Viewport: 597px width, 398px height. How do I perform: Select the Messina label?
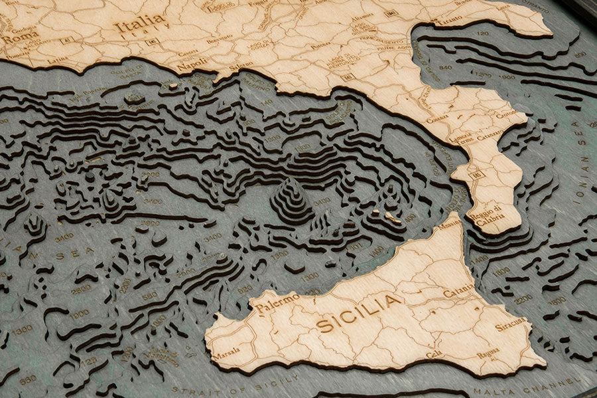click(x=449, y=225)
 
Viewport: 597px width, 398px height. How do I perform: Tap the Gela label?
click(x=433, y=353)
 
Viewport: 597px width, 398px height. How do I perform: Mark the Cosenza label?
click(x=437, y=120)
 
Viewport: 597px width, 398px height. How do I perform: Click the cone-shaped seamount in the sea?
click(x=291, y=199)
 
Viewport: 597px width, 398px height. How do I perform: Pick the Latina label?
click(x=58, y=60)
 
